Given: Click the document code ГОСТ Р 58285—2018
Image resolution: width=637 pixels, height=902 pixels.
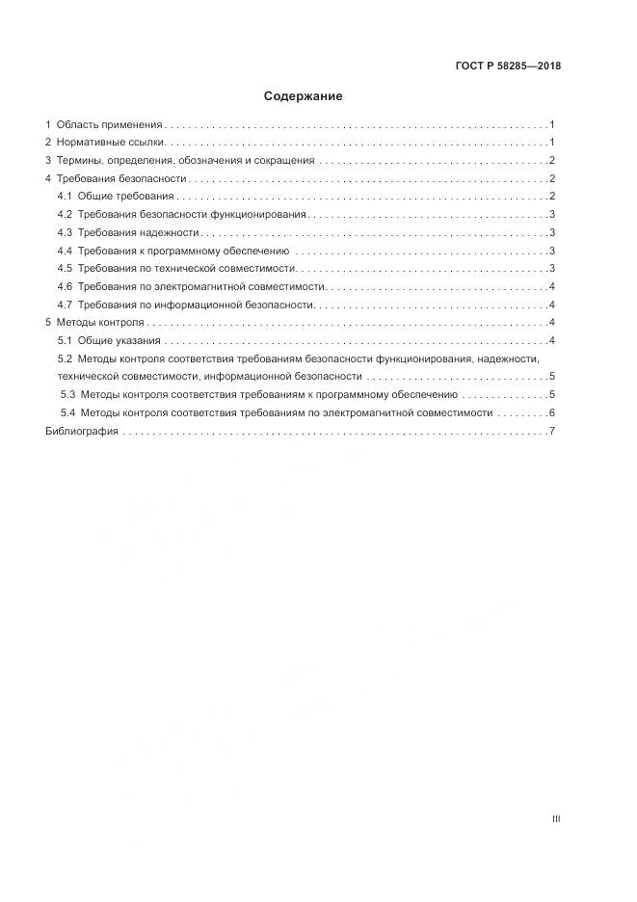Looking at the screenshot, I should point(508,66).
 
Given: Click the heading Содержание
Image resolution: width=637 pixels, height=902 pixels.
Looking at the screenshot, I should point(303,96).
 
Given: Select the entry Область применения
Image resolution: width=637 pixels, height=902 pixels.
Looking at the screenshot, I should point(109,125).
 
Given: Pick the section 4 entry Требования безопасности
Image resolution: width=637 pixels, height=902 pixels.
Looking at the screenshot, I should point(120,179).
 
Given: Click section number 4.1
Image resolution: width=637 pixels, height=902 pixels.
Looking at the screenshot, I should point(66,197).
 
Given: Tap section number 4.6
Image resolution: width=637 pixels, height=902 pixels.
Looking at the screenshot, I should point(66,286).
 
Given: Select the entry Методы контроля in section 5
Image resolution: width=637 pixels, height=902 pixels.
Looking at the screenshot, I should point(100,322).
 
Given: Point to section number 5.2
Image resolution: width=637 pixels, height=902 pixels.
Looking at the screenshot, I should point(66,358).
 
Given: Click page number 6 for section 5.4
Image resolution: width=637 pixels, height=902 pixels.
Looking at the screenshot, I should point(550,412).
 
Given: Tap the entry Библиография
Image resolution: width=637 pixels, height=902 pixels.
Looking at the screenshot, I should point(82,431).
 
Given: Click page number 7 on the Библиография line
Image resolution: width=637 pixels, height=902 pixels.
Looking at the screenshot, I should point(550,431).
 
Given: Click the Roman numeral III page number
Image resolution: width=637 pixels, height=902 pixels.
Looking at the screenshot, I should point(555,819).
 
